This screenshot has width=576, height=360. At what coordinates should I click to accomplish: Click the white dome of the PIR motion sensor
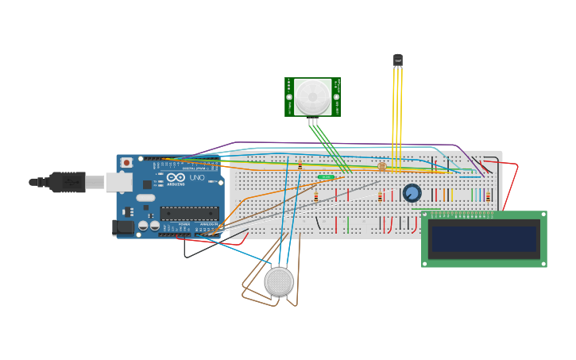click(313, 97)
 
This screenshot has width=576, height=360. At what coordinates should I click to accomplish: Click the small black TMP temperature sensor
click(398, 60)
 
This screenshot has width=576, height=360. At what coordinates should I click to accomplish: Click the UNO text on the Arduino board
click(196, 178)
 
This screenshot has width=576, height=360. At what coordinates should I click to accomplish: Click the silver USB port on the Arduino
click(119, 182)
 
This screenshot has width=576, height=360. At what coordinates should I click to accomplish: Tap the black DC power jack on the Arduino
click(123, 227)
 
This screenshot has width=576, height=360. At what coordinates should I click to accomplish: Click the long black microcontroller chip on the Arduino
click(189, 213)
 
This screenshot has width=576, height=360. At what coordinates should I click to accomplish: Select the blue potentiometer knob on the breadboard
click(412, 193)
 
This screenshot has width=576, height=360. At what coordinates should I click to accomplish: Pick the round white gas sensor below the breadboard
click(279, 281)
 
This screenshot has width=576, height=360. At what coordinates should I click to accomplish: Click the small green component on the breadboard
click(326, 176)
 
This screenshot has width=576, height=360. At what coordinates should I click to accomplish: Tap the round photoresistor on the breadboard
click(382, 167)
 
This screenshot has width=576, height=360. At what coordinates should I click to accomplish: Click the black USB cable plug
click(67, 182)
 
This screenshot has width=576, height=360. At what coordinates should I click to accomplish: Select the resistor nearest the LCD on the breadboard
click(488, 195)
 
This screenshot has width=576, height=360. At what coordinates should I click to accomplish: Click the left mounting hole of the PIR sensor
click(289, 97)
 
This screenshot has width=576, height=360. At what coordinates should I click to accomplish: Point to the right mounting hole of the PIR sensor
click(337, 97)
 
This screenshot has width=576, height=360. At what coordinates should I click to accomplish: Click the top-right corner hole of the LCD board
click(543, 215)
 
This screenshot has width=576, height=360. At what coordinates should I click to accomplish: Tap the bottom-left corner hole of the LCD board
click(426, 263)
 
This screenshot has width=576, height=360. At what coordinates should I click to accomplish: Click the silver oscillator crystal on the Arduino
click(145, 198)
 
